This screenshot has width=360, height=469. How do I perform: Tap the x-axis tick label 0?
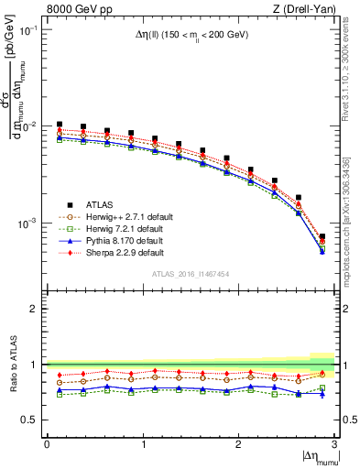tap(47, 444)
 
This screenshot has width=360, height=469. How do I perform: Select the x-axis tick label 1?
tap(143, 444)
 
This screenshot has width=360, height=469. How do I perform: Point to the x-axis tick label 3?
tap(334, 444)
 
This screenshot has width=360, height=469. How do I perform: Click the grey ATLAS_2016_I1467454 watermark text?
tap(191, 274)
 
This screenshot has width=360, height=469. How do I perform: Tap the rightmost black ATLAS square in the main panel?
tap(322, 237)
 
